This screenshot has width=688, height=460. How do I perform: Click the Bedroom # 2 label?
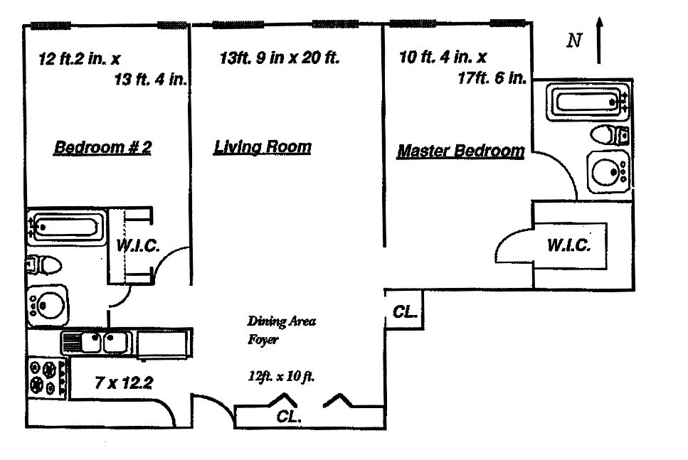click(102, 147)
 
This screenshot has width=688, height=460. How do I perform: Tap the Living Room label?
click(263, 147)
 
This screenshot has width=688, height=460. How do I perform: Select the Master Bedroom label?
click(460, 151)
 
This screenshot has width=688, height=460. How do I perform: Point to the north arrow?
click(599, 41)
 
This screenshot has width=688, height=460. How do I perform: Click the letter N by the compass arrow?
click(574, 41)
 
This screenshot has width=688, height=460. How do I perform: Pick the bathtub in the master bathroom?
click(587, 102)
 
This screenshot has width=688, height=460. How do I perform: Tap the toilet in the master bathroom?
click(610, 134)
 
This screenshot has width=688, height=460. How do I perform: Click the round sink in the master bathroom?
click(608, 171)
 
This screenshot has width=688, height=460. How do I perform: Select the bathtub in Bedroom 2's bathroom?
click(67, 228)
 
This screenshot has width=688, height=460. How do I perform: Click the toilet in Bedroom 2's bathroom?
click(43, 266)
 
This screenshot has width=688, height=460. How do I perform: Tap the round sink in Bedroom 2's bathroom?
click(48, 305)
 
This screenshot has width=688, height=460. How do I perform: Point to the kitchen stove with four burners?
click(48, 378)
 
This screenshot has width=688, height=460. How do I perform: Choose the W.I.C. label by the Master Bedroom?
click(569, 245)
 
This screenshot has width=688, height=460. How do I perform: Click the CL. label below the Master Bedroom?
click(405, 312)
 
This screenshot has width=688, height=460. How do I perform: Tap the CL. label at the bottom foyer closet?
click(289, 416)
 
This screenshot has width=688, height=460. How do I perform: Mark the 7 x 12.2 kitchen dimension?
click(124, 383)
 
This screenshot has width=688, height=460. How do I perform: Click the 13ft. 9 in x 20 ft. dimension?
click(280, 58)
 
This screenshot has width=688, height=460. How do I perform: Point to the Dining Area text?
click(281, 321)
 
